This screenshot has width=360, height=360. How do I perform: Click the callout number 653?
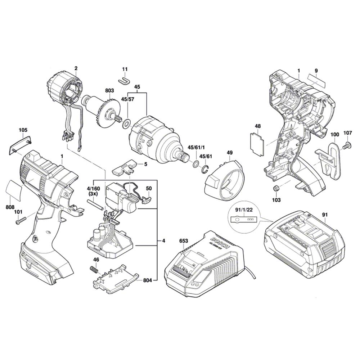[184, 240]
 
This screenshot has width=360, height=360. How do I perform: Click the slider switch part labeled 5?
[125, 167]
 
